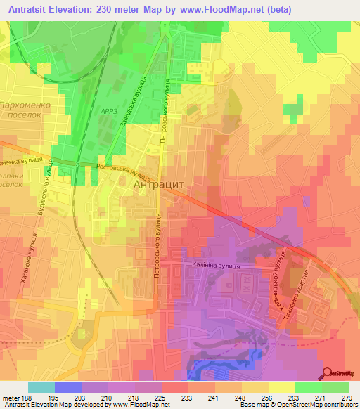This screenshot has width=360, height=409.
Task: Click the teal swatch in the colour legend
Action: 41,387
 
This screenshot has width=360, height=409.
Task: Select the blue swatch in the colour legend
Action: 67,387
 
